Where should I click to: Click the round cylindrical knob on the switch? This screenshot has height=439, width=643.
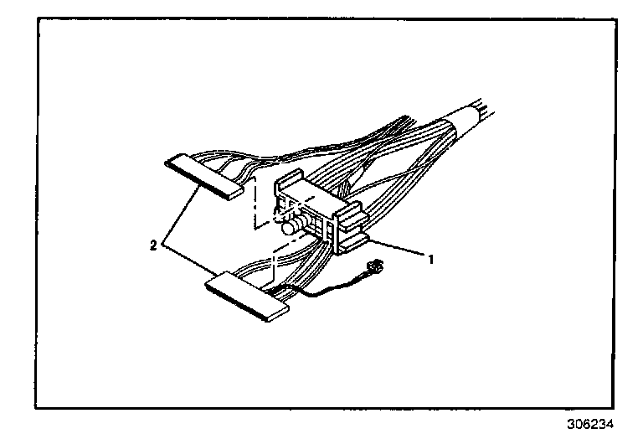click(x=291, y=226)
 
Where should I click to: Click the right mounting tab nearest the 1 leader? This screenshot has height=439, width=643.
click(x=356, y=242)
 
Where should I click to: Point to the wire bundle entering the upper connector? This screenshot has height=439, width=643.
click(x=276, y=159)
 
